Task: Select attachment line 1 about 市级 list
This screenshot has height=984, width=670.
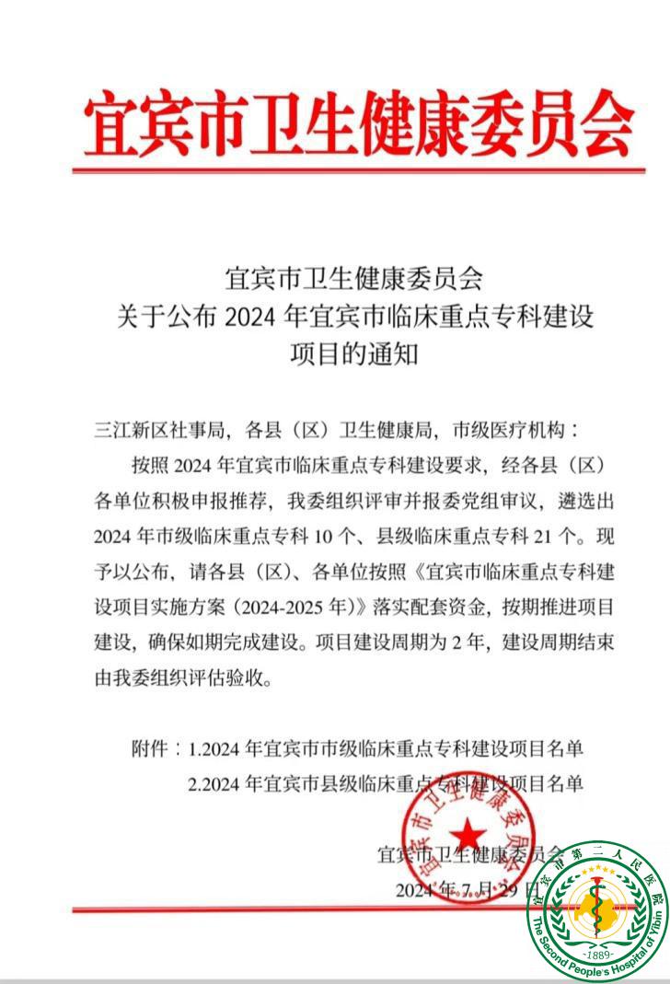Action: click(385, 749)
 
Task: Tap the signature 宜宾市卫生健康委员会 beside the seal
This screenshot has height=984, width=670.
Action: click(467, 853)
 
